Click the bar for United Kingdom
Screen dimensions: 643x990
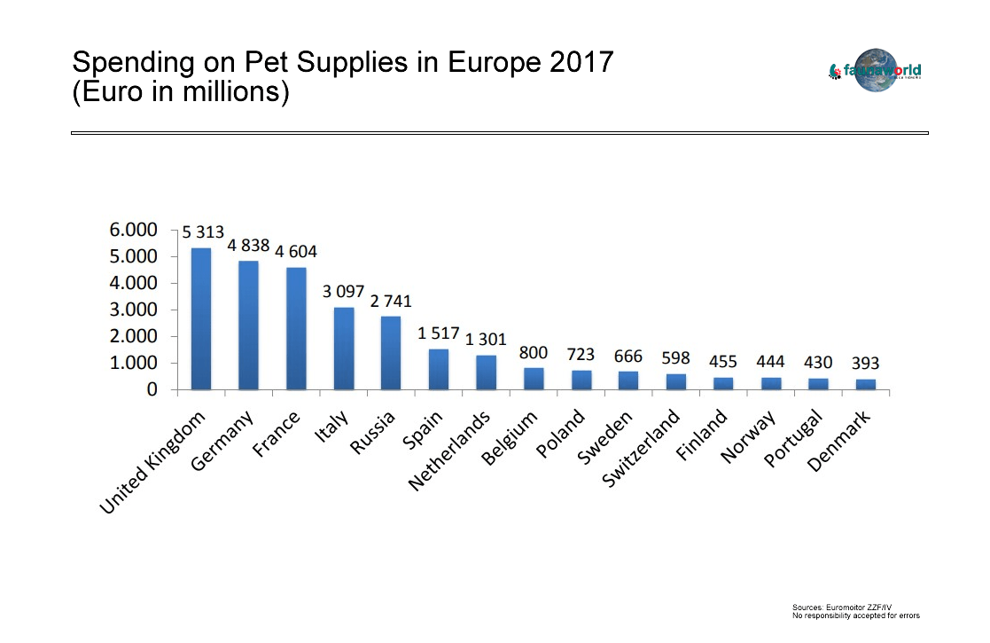tap(201, 319)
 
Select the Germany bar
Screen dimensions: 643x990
tap(248, 325)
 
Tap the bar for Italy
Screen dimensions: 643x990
tap(344, 349)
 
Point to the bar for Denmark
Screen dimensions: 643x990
tap(866, 385)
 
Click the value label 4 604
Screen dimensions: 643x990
tap(295, 251)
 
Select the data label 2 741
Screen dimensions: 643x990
tap(391, 302)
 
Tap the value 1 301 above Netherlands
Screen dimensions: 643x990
tap(487, 340)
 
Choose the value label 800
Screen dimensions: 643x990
tap(534, 353)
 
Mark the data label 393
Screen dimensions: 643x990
tap(866, 364)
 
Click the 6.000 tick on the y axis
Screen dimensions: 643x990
tap(133, 230)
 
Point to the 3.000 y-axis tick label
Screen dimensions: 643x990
tap(133, 310)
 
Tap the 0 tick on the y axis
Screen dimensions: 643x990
tap(152, 389)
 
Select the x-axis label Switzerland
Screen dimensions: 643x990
tap(641, 449)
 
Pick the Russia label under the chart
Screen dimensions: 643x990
tap(373, 432)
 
